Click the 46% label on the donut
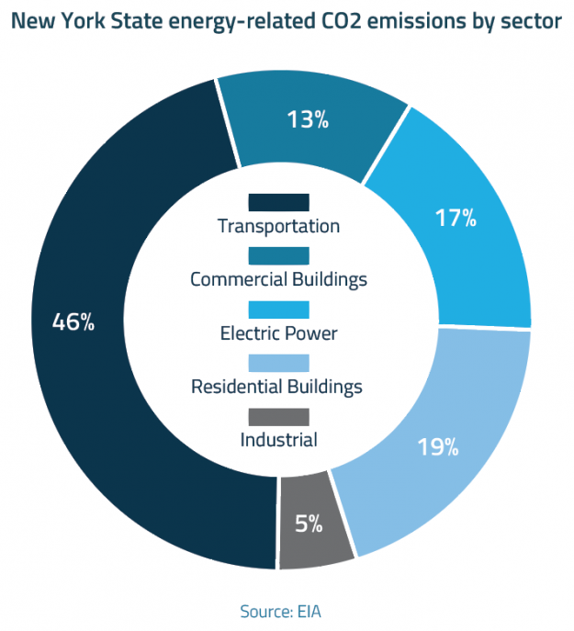74,322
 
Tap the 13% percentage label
308,119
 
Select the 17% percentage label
455,218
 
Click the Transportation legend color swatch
278,202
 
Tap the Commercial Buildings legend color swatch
278,255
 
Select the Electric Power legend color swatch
278,310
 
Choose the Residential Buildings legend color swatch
278,363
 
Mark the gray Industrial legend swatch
278,416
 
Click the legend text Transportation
278,225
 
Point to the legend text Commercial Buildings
278,278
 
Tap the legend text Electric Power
278,332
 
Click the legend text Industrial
278,439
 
